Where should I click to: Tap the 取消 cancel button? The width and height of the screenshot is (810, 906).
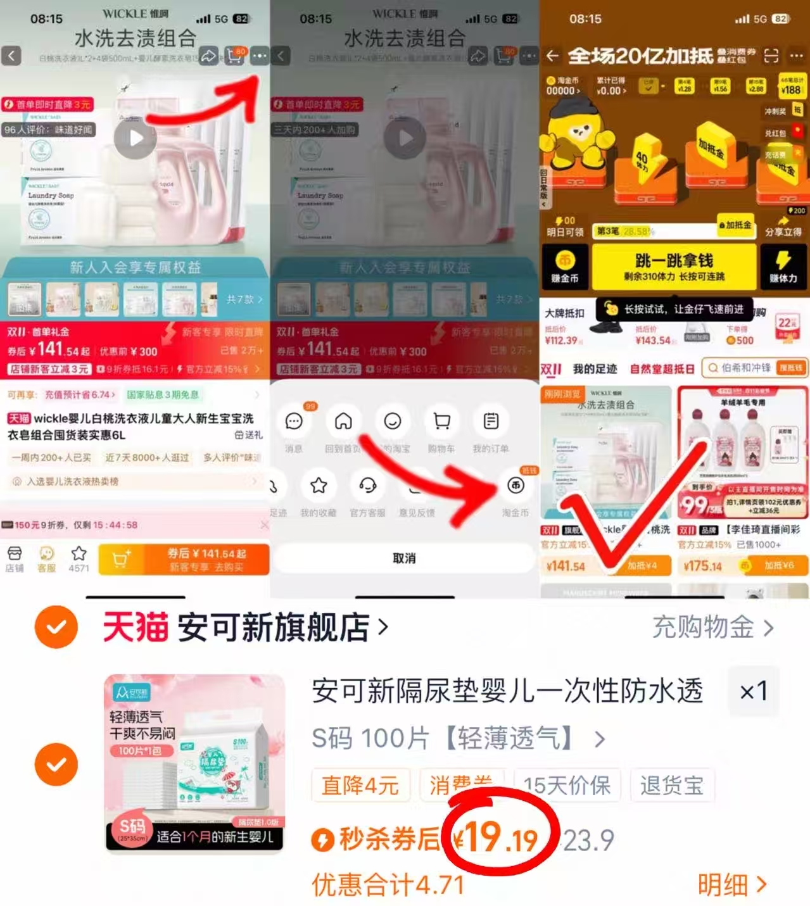click(x=404, y=558)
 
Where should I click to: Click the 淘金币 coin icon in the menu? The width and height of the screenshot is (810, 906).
click(x=516, y=486)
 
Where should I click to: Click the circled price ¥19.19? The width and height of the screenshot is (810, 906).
click(x=500, y=837)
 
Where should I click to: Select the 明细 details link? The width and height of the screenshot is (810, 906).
click(x=732, y=884)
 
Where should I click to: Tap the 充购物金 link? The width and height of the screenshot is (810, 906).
click(x=712, y=627)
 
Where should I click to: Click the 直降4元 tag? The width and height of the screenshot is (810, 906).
click(x=360, y=785)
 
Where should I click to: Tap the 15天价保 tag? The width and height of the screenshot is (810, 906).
click(x=567, y=785)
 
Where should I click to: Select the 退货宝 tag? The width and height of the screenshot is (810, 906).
click(x=672, y=785)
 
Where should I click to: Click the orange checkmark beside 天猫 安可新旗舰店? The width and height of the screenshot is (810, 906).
click(x=56, y=627)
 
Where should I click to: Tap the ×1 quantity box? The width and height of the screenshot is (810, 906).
click(x=754, y=691)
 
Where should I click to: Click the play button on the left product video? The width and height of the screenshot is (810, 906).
click(x=135, y=138)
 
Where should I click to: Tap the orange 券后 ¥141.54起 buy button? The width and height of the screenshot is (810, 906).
click(x=206, y=559)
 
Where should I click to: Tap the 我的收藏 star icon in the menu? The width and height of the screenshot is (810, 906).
click(x=319, y=486)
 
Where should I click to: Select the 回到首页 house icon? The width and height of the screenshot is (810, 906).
click(x=343, y=422)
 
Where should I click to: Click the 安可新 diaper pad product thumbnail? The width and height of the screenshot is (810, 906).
click(x=195, y=763)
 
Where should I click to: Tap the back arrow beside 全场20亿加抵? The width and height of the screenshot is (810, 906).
click(x=552, y=56)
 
